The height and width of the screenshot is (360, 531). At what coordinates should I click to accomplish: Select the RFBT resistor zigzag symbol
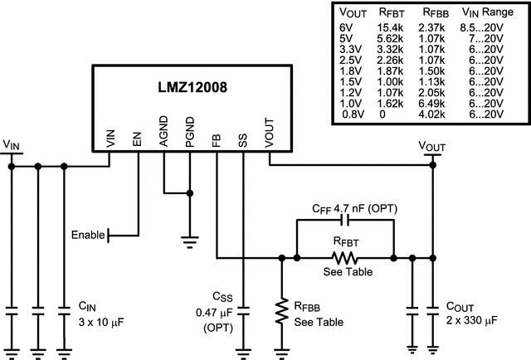[x=346, y=257]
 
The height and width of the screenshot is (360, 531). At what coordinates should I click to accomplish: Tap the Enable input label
[x=88, y=235]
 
